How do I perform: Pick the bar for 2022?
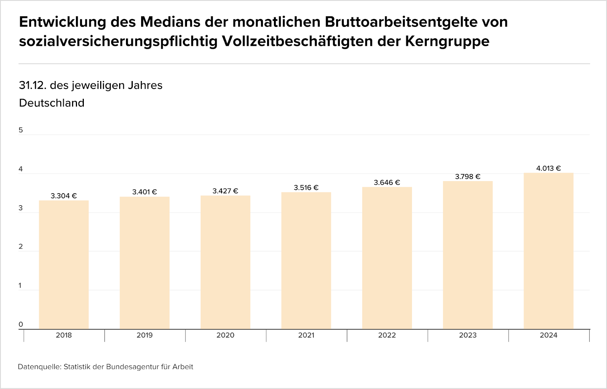[387, 258]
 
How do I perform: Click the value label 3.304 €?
[64, 196]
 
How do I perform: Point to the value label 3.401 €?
[145, 192]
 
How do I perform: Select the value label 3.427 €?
[225, 191]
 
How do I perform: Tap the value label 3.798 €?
[468, 177]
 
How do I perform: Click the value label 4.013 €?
[549, 168]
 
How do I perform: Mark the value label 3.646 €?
[387, 183]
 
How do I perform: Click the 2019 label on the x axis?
[145, 335]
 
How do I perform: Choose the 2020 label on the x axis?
[225, 335]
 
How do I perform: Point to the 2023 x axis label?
[468, 335]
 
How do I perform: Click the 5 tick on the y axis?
[21, 130]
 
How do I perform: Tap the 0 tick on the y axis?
[21, 324]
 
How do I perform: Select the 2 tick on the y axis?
[21, 247]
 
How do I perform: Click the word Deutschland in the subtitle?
[52, 103]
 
